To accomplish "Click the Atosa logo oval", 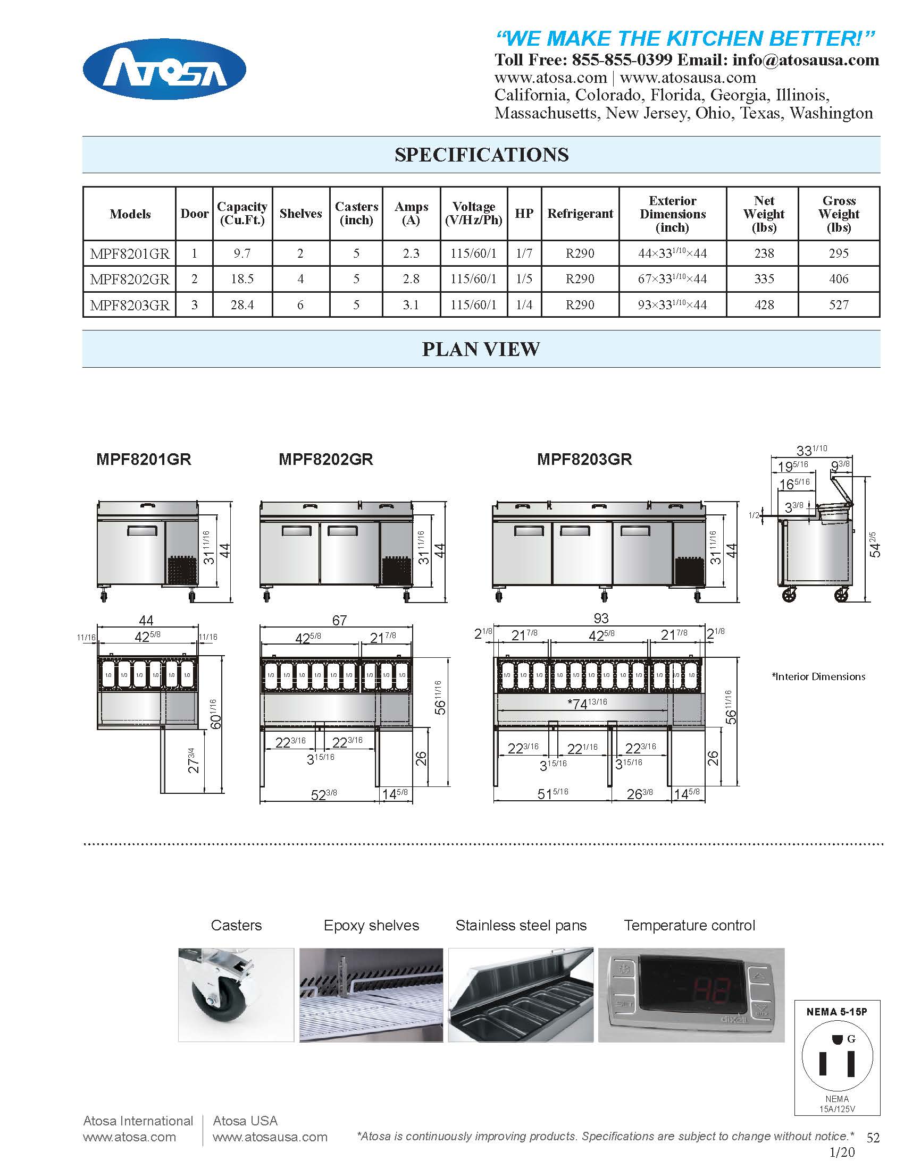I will [164, 69].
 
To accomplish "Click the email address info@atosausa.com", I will [806, 60].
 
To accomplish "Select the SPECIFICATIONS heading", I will [481, 155].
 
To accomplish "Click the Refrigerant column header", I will [580, 214].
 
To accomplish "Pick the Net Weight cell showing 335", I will [764, 279].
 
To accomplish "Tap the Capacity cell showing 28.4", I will [242, 304].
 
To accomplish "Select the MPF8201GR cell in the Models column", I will [130, 253].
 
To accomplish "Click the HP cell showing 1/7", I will [524, 253].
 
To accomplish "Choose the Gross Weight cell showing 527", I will [839, 304].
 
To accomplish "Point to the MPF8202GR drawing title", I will [325, 459].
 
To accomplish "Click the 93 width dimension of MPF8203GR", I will [601, 618].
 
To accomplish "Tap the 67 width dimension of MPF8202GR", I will [339, 620].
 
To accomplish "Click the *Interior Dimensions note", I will [818, 676].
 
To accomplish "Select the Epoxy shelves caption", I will [371, 926].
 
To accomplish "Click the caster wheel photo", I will [236, 995].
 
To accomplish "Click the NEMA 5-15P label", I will [836, 1012].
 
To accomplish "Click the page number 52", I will [873, 1138].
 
